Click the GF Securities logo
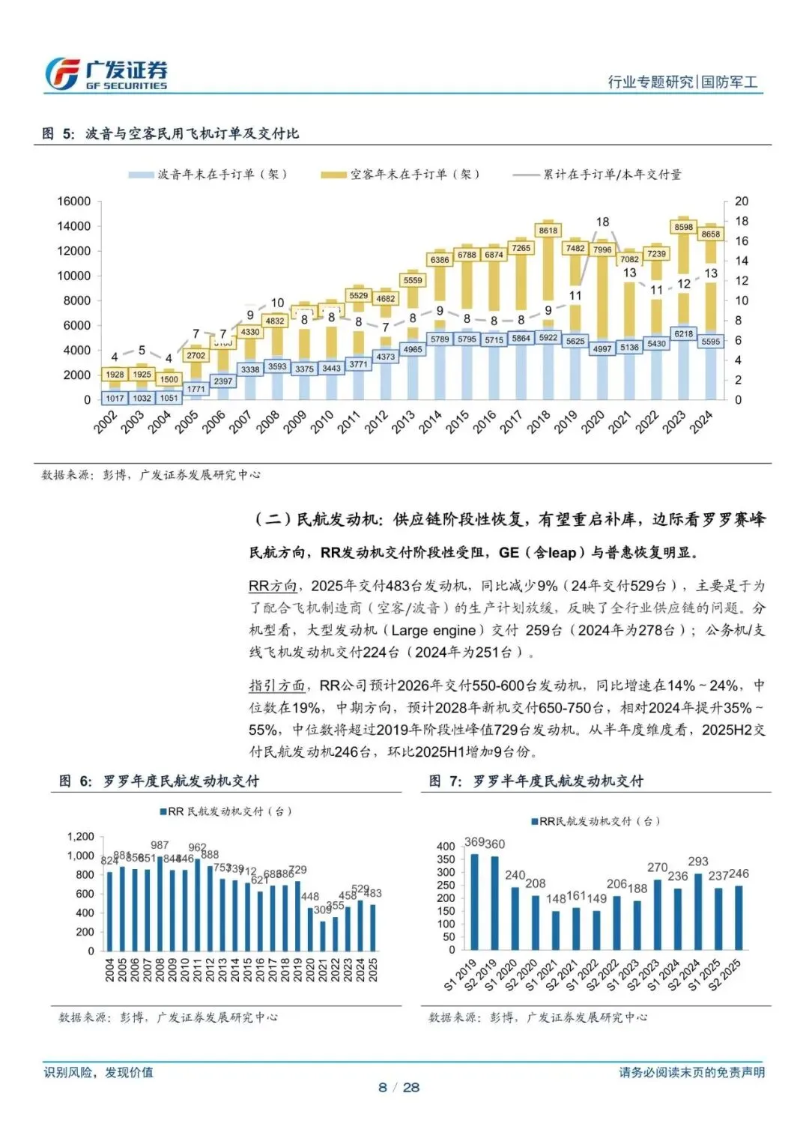coord(106,74)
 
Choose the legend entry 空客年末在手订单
coord(401,175)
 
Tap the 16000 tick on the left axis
coord(73,202)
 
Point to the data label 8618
coord(548,231)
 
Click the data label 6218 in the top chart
coord(683,334)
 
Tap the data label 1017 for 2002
coord(115,399)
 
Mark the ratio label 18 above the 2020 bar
coord(602,222)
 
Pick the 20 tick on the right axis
coord(741,202)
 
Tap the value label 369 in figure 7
coord(474,842)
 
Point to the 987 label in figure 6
coord(160,845)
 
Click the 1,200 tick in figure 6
coord(81,837)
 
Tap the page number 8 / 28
coord(399,1087)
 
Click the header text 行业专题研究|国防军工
coord(682,82)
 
